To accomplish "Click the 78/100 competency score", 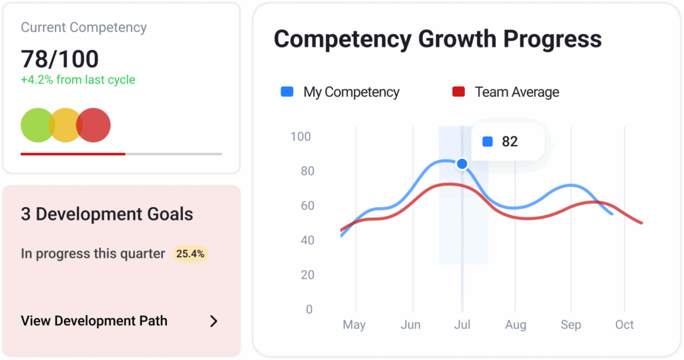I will [x=59, y=59].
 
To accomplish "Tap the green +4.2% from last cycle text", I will [x=77, y=80].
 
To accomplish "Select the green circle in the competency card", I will [x=37, y=125].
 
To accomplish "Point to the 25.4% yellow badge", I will [x=190, y=254].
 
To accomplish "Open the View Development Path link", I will [x=94, y=321].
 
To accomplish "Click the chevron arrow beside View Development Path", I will [x=214, y=321].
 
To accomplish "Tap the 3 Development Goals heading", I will [x=107, y=214].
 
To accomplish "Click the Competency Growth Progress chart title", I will [x=438, y=39].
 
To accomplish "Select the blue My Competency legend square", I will [x=287, y=92].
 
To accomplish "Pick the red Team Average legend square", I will [x=458, y=92].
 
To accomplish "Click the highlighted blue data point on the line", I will [x=462, y=164].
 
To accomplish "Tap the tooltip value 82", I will [x=510, y=142].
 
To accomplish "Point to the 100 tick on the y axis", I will [x=301, y=137].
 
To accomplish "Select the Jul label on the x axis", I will [x=462, y=325].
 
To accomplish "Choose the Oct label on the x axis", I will [x=625, y=325].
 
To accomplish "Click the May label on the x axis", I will [x=354, y=325].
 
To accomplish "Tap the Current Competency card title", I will [x=83, y=28].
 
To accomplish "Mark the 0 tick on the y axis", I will [x=309, y=310].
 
